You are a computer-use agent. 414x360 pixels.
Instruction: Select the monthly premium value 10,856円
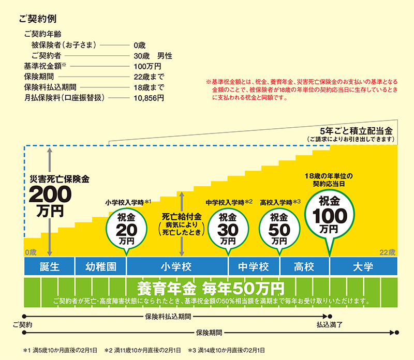click(x=148, y=97)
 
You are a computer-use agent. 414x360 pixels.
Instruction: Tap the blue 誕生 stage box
click(x=50, y=267)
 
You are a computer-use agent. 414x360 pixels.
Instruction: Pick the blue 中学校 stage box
click(x=254, y=267)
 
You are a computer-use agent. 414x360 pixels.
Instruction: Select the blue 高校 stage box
click(x=304, y=267)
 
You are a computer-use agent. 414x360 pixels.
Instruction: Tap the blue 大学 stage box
click(x=363, y=267)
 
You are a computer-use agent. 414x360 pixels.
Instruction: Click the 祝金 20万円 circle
click(x=125, y=227)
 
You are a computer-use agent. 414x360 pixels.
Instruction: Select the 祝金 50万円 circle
click(x=279, y=227)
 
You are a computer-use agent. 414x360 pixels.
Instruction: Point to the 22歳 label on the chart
click(x=387, y=252)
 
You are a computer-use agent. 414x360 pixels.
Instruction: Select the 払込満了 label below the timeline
click(x=329, y=325)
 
